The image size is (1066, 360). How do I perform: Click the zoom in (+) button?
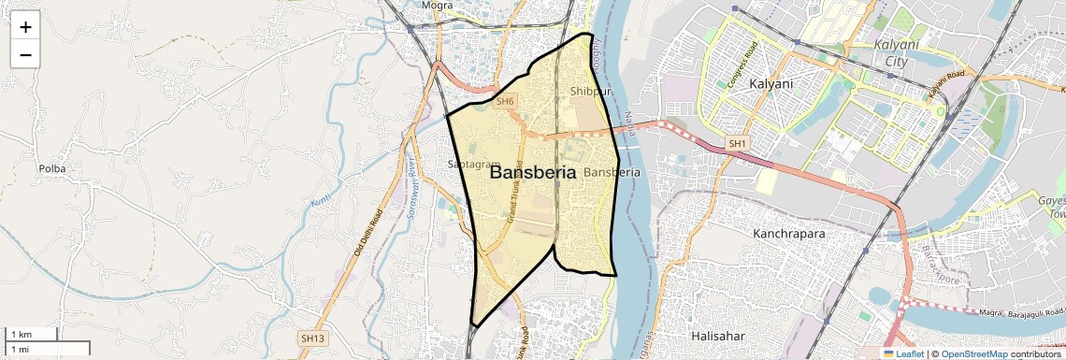tap(25, 26)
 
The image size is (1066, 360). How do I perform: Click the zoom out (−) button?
tap(25, 54)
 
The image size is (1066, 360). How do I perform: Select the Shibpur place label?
tap(590, 92)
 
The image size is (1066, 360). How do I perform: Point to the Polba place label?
tap(51, 168)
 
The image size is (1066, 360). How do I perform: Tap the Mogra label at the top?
tap(437, 6)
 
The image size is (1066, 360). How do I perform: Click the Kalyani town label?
tap(771, 84)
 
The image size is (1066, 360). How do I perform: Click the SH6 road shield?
tap(505, 101)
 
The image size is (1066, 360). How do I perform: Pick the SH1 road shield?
tap(737, 143)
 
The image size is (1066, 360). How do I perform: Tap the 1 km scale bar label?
tap(21, 335)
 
